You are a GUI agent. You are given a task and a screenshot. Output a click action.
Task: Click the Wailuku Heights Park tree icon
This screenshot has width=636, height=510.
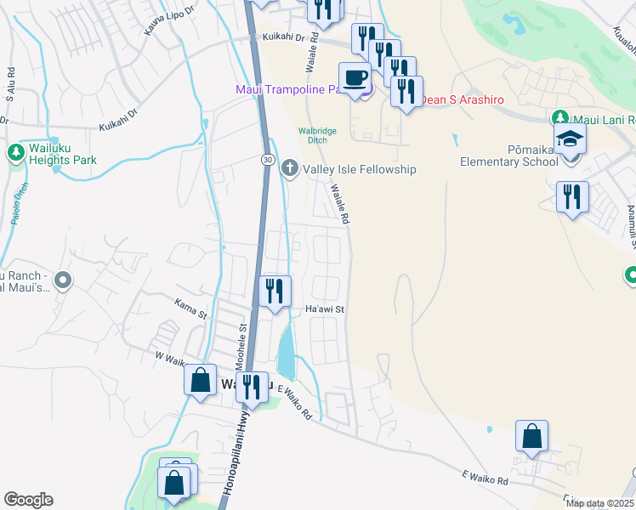pos(15,152)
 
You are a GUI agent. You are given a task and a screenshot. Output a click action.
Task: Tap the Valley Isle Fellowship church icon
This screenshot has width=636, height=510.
pos(290,168)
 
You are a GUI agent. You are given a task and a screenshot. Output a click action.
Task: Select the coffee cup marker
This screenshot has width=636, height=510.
pos(355,77)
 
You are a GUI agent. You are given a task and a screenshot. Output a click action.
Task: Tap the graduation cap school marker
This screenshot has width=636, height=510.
pos(571,139)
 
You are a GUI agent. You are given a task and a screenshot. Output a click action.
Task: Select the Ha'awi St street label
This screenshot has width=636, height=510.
pos(324,310)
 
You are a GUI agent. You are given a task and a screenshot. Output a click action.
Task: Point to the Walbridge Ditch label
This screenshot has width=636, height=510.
pos(317,135)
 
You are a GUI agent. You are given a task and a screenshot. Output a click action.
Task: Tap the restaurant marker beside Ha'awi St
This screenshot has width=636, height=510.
pos(274,292)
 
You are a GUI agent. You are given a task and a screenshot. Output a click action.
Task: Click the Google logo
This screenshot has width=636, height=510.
pos(28,500)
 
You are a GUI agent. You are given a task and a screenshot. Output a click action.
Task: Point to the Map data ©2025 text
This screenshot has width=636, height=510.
pos(599,503)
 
